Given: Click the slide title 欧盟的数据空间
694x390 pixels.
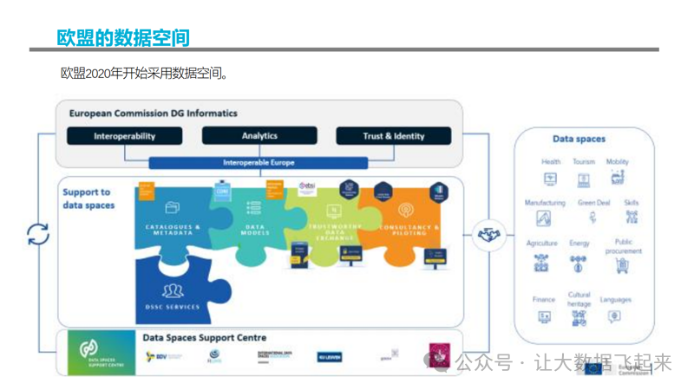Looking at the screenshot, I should tap(122, 37).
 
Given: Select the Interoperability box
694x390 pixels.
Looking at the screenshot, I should tap(125, 136).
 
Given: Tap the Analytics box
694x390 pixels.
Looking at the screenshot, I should tap(259, 136).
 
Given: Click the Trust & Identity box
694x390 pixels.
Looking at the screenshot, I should tap(394, 136).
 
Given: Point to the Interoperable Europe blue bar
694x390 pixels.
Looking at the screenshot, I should tap(259, 162).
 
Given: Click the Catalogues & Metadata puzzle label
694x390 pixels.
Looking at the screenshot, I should tap(173, 230).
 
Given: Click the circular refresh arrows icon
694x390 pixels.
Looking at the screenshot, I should tap(38, 234).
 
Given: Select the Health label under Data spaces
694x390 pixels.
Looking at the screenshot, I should tap(551, 162).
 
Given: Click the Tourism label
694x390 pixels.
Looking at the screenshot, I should tap(584, 162).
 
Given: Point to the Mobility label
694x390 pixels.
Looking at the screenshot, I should tap(618, 162).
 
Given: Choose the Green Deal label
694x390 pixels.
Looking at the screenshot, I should tap(594, 203).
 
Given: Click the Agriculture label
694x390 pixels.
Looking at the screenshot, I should tap(542, 244).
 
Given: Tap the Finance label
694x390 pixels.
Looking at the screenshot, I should tap(544, 300).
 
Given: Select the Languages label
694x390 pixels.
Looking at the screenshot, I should tap(616, 300).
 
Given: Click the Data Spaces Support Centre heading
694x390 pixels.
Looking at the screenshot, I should tap(205, 337).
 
